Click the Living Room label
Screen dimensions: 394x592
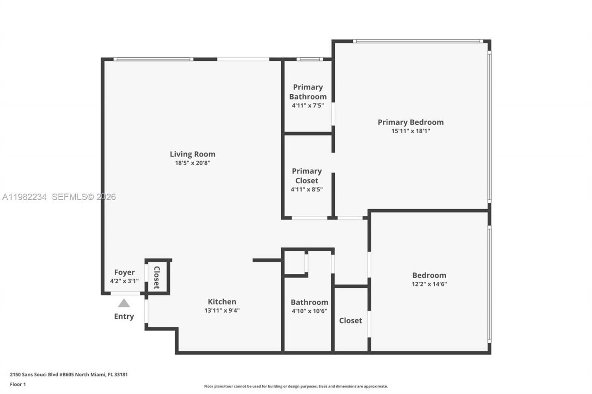pos(192,154)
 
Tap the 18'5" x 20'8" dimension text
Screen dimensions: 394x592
pos(192,163)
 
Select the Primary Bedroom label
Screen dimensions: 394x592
pos(410,122)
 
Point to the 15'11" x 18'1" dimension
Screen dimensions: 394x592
pos(410,131)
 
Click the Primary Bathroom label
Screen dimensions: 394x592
pos(308,92)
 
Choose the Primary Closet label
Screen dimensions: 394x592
pos(307,176)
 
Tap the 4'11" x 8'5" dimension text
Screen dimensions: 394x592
pos(307,189)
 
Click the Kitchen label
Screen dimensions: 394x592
pos(222,302)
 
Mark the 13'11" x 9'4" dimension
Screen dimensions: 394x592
pos(222,310)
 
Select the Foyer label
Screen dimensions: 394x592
pos(124,273)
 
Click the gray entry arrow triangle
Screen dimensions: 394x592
pos(124,303)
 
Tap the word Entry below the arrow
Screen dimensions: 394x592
pos(124,316)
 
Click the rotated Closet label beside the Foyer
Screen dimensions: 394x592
pos(157,277)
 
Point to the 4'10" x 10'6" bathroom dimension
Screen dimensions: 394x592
pos(309,311)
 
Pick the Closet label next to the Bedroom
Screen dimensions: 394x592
pos(351,321)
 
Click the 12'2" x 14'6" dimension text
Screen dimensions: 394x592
pos(429,284)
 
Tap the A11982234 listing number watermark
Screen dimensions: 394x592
pos(25,197)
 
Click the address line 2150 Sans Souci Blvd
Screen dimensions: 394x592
pos(68,375)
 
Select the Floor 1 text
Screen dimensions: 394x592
pos(18,384)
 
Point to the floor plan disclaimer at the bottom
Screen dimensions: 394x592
pos(296,386)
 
